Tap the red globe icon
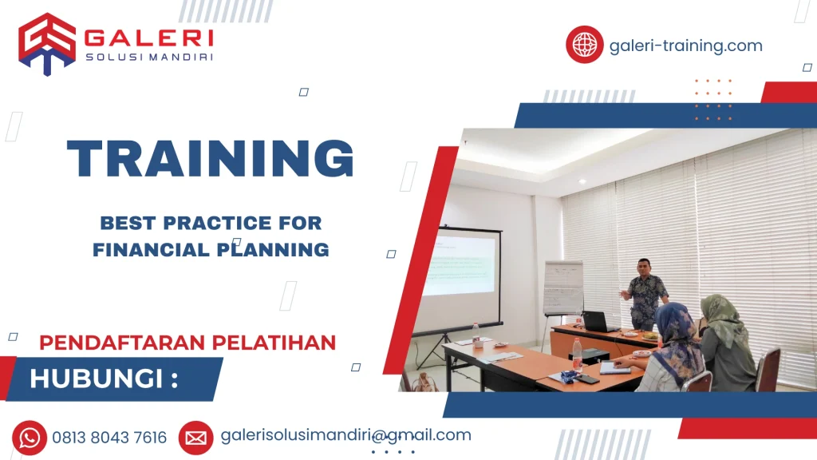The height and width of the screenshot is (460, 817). [584, 45]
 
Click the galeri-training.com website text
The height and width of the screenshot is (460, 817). [685, 46]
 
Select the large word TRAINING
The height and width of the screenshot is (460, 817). [211, 158]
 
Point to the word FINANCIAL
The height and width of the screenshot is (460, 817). [142, 250]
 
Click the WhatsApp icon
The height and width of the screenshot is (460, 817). [30, 437]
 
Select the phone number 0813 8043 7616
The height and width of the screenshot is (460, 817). [109, 438]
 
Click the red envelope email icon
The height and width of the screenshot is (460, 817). [195, 437]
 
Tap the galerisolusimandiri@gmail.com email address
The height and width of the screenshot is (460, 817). [345, 435]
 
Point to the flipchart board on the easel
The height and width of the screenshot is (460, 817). [562, 287]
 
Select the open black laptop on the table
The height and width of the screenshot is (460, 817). [598, 322]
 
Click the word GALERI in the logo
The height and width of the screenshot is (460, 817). [148, 38]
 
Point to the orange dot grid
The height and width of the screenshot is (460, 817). [712, 100]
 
